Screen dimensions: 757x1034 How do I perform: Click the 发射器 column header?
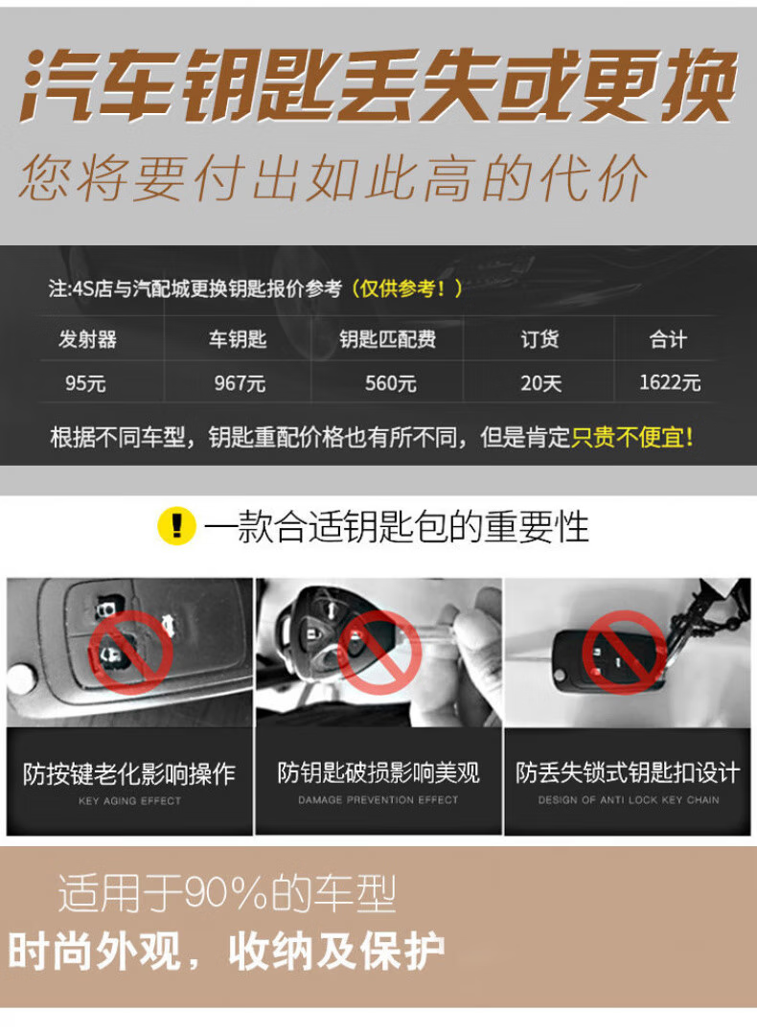(x=88, y=339)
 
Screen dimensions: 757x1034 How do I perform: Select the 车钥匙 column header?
(x=238, y=339)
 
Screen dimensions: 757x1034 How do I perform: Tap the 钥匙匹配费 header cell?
(x=388, y=339)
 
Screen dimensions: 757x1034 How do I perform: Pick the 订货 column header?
(x=540, y=339)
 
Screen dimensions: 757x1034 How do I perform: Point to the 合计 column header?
(x=668, y=339)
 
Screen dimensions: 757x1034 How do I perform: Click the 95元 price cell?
(x=85, y=382)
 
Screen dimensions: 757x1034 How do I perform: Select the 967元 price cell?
(x=240, y=382)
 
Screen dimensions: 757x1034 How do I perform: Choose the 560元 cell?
(x=390, y=382)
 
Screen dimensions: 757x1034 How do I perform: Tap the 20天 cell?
(x=540, y=382)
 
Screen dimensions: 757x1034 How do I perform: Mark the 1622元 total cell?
(x=669, y=381)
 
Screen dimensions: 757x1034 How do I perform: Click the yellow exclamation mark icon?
(x=176, y=526)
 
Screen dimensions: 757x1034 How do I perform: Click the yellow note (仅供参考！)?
(x=406, y=288)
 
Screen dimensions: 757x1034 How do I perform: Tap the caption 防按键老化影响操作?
(x=129, y=773)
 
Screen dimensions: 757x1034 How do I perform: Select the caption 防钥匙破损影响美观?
(x=378, y=772)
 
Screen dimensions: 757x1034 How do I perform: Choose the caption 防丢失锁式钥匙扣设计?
(x=628, y=772)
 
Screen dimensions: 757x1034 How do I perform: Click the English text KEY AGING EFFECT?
(x=129, y=800)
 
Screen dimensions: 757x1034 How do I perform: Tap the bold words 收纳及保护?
(x=336, y=952)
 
